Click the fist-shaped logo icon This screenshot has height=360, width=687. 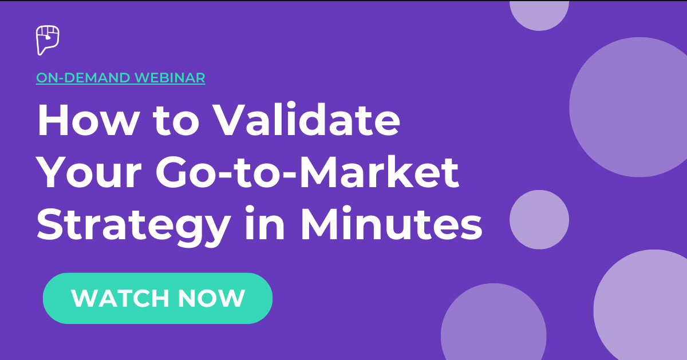click(x=48, y=40)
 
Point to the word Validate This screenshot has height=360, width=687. click(x=306, y=119)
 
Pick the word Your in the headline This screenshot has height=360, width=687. click(x=89, y=173)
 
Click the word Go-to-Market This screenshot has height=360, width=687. click(x=307, y=172)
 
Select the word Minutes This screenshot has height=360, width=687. click(x=392, y=223)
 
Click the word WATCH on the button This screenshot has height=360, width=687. click(x=120, y=298)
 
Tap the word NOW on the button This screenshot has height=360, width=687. click(x=212, y=298)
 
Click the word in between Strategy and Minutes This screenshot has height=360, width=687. click(x=264, y=223)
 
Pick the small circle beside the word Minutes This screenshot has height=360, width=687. click(x=539, y=220)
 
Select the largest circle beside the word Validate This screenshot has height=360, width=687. click(x=639, y=107)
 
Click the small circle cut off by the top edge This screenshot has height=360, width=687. click(x=539, y=15)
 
